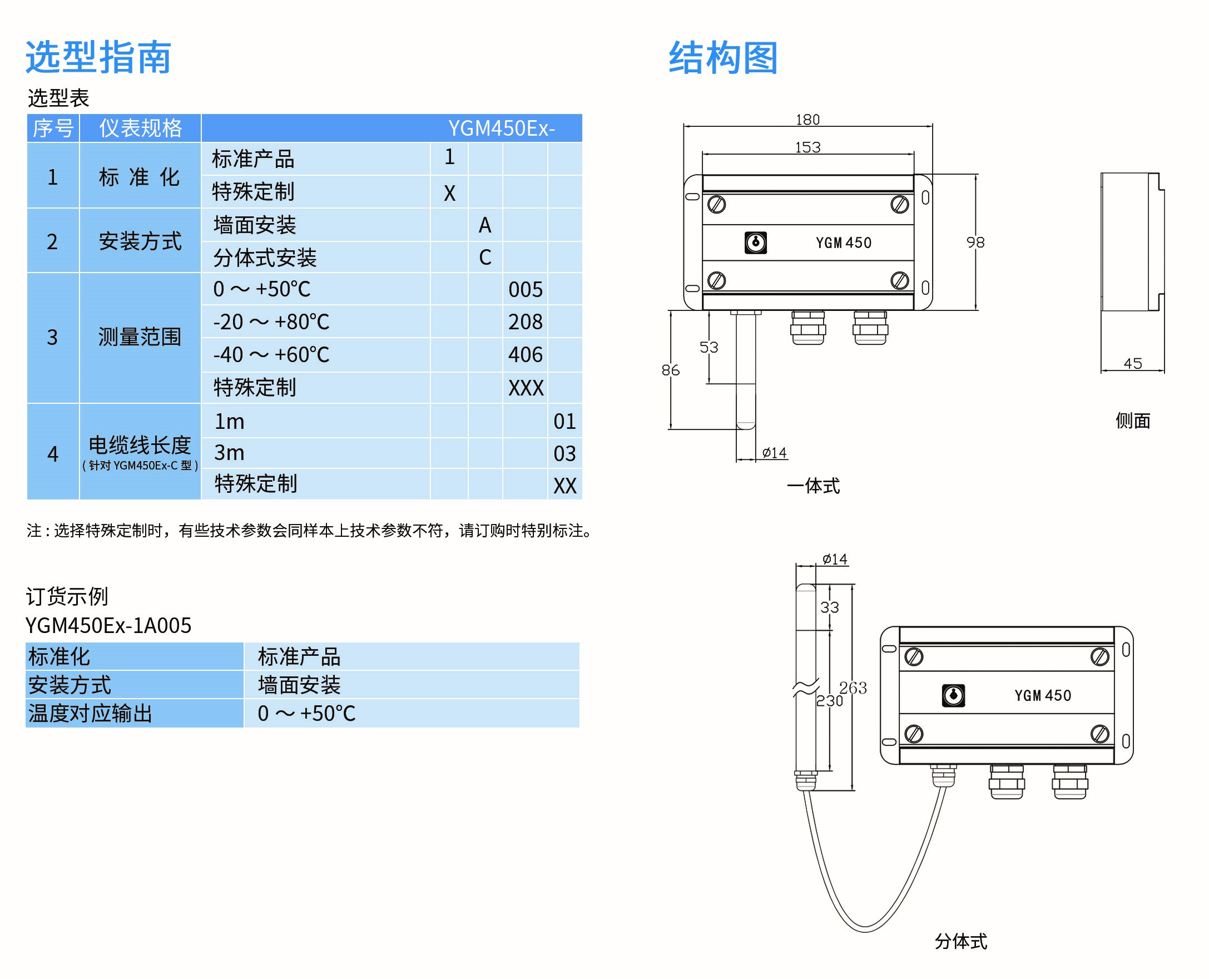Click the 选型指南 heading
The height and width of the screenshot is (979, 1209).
98,57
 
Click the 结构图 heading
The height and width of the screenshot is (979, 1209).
723,57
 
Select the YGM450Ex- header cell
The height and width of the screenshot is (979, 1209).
501,128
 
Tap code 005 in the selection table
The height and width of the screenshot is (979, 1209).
525,289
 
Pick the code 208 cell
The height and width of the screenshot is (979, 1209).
525,322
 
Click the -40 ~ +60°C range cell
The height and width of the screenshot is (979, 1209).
271,355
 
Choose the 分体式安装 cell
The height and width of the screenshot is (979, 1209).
265,258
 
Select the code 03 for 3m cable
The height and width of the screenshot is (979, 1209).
564,453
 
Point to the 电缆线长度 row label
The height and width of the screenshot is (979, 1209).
140,446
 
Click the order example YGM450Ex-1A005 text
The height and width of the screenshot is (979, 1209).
108,625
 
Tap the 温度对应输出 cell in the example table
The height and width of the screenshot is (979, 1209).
90,713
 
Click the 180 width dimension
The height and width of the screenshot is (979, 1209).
807,120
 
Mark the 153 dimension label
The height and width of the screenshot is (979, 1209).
807,147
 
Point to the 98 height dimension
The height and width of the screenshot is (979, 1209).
975,243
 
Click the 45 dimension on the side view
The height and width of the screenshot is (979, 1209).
1132,364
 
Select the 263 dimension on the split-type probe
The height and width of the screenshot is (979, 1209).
853,688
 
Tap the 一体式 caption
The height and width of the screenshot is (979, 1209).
812,486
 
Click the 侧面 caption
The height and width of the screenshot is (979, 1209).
1132,421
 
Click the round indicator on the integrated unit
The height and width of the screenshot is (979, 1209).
756,243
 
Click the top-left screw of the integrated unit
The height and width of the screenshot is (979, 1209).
717,204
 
